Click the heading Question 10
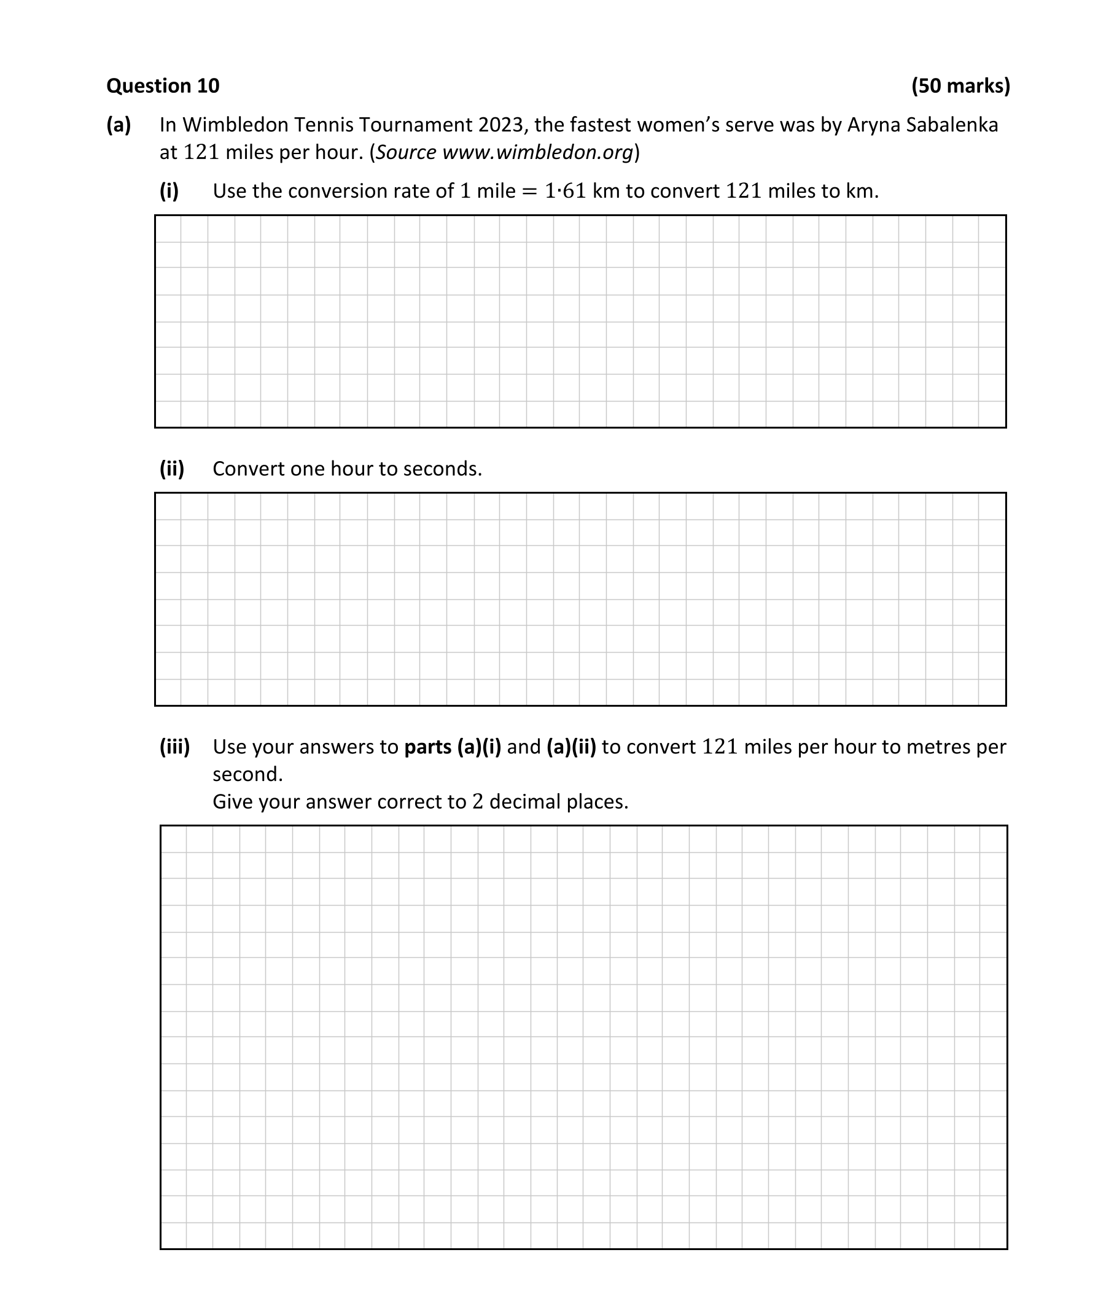click(163, 85)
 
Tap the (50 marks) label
click(960, 85)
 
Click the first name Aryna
click(873, 125)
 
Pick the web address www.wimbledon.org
click(537, 152)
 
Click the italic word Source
click(406, 152)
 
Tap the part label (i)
click(169, 191)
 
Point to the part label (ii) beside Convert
click(171, 468)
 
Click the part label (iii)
click(174, 747)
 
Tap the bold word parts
click(427, 747)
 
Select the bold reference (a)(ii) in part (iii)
click(571, 747)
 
